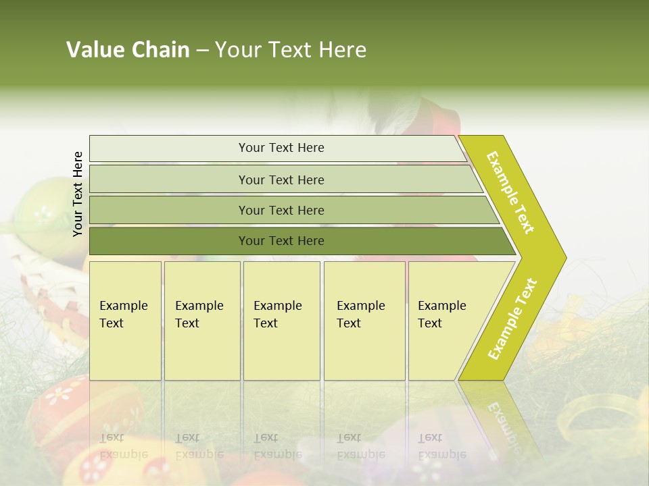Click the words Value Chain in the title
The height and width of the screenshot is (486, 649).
(x=128, y=50)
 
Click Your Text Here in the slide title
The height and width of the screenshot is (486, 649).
(x=291, y=50)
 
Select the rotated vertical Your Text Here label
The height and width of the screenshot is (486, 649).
(x=78, y=194)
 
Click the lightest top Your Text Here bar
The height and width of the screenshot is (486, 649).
(x=281, y=148)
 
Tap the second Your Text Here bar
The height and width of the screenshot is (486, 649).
(x=281, y=180)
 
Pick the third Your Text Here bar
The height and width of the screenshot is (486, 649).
(x=281, y=210)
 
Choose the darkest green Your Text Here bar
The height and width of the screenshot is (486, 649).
(x=281, y=241)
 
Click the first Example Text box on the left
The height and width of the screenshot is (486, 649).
(x=125, y=321)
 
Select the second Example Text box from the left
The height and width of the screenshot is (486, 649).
(x=201, y=321)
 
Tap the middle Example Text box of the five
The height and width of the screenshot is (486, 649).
(x=281, y=321)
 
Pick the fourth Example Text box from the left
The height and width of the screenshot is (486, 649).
(x=364, y=321)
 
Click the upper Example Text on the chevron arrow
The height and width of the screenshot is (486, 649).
(x=510, y=192)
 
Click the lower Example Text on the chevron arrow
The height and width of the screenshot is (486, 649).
(x=512, y=319)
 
